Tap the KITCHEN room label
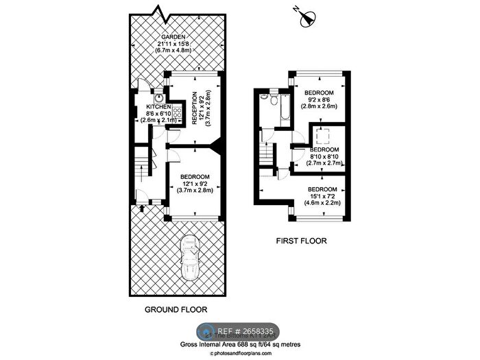click(x=158, y=107)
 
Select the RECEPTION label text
click(x=194, y=108)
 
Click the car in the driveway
click(x=190, y=258)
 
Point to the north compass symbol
click(x=307, y=18)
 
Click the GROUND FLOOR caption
click(x=176, y=309)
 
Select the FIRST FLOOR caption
click(x=301, y=241)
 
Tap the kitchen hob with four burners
click(x=177, y=112)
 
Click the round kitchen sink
click(x=159, y=97)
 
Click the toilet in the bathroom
click(x=274, y=98)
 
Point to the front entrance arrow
click(x=141, y=208)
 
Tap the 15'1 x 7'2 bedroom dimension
click(x=322, y=196)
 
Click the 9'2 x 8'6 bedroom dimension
click(x=318, y=99)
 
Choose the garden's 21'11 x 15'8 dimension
click(x=173, y=44)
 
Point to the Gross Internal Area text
click(x=240, y=344)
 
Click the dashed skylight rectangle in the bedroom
click(x=322, y=136)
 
